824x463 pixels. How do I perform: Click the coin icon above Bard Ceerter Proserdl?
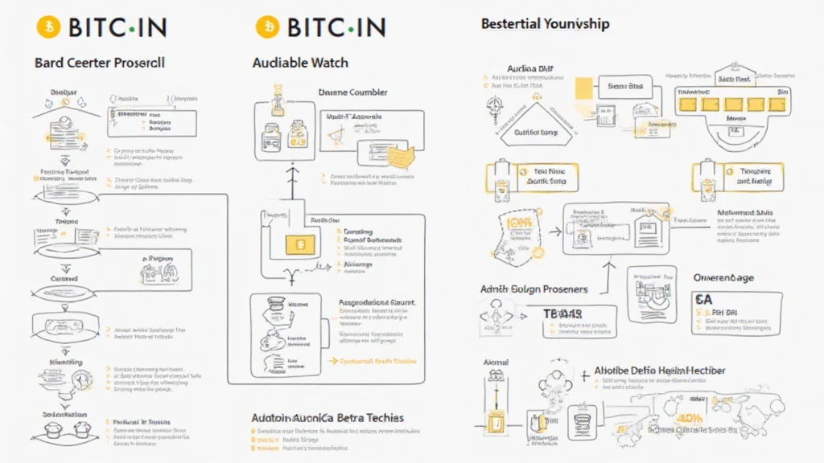click(x=47, y=27)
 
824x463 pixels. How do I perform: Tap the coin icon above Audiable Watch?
click(x=266, y=27)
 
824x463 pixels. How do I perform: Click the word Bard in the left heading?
click(x=49, y=62)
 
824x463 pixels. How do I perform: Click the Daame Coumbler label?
click(x=353, y=92)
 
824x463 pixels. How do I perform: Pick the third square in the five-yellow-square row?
click(x=731, y=104)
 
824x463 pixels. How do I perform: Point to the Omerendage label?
click(x=723, y=277)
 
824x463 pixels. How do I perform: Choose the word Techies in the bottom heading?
click(x=377, y=418)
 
